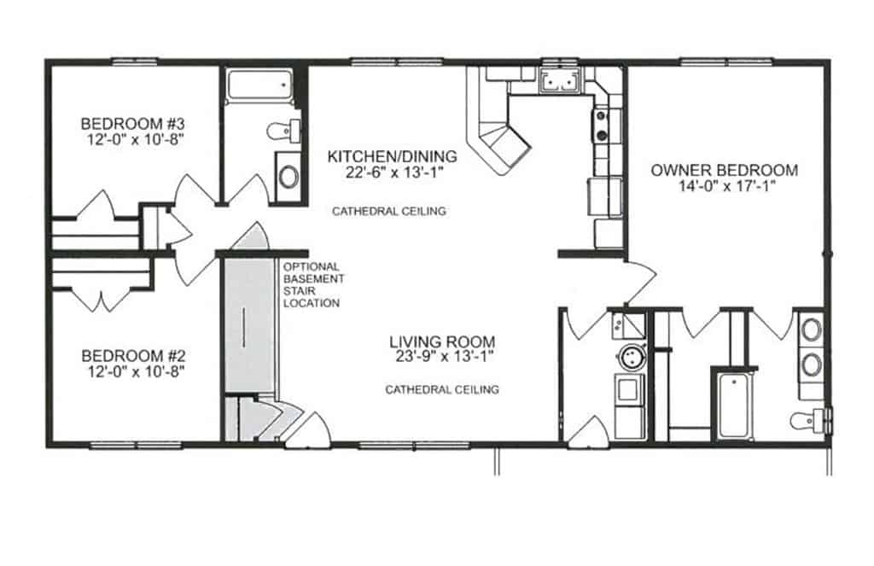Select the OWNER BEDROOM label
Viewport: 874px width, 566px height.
tap(725, 170)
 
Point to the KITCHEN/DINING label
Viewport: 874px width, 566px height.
tap(393, 156)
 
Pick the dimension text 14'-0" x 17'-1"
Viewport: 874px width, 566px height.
tap(725, 186)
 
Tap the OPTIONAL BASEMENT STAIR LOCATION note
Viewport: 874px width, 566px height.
tap(312, 284)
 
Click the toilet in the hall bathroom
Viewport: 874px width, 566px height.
tap(283, 131)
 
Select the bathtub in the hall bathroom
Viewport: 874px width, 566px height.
tap(259, 86)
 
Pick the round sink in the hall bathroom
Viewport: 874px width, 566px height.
tap(289, 177)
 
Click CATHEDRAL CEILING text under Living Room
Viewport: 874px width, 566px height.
tap(442, 390)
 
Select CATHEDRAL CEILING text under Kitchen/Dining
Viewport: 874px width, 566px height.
tap(388, 211)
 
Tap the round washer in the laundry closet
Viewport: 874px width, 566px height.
tap(632, 356)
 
